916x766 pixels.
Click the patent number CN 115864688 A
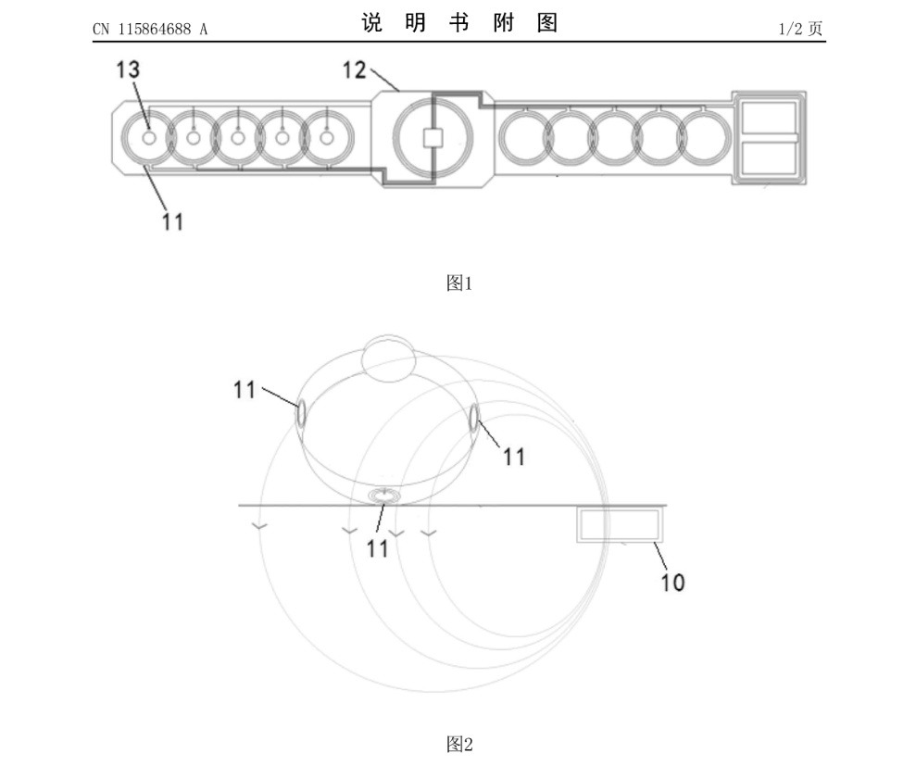point(150,30)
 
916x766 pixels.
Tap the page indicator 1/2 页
point(800,29)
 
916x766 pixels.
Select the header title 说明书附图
point(459,23)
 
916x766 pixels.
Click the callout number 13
point(128,69)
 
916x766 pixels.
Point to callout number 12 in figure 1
point(354,70)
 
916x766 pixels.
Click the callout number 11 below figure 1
point(172,222)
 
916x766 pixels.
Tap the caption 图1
point(459,283)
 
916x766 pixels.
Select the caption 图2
point(459,745)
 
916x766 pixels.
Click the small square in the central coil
point(433,138)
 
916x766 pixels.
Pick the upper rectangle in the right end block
point(769,118)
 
